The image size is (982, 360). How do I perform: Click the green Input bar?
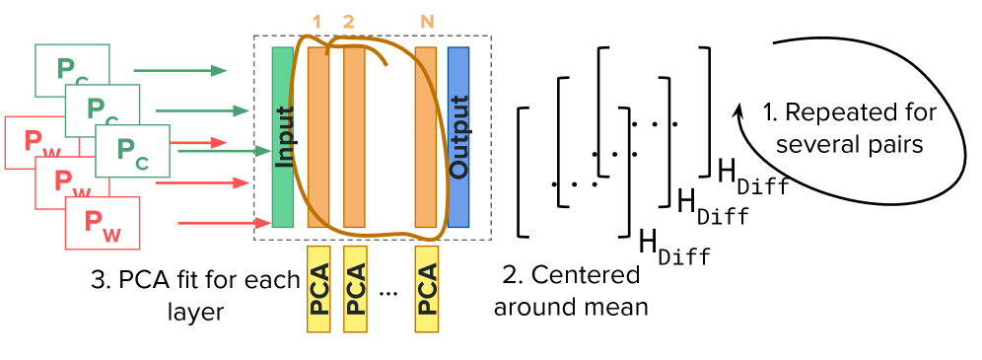(283, 137)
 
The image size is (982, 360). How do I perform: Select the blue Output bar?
(458, 137)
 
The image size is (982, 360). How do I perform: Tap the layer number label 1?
(316, 22)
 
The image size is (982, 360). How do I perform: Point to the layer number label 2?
(348, 22)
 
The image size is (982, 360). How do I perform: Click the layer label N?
(427, 22)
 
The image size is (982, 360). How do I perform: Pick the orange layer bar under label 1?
(318, 137)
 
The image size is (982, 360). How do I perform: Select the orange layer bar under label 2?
(354, 137)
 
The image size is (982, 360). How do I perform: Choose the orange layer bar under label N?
(426, 137)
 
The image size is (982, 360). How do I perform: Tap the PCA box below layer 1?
(318, 289)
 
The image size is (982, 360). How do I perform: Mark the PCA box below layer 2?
(355, 289)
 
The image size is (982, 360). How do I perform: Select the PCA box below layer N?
(427, 289)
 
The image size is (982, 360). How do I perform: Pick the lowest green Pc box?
(133, 151)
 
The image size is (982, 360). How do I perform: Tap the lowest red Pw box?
(103, 223)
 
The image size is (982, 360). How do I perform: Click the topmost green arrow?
(179, 70)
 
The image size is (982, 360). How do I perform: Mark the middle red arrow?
(202, 182)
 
